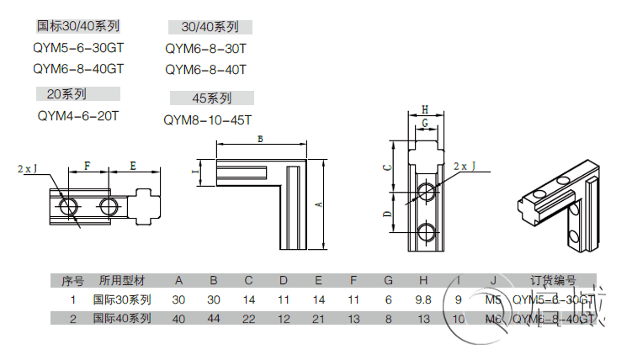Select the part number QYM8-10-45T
(x=207, y=120)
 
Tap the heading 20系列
(x=65, y=93)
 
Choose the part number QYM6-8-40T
(x=205, y=70)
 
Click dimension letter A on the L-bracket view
(x=320, y=204)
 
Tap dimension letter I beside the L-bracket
(x=195, y=174)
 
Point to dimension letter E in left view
(x=133, y=167)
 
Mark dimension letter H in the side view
(x=425, y=110)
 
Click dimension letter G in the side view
(x=425, y=124)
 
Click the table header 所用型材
(x=122, y=281)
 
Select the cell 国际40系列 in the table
(x=122, y=319)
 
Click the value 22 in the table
(x=249, y=319)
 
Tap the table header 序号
(x=73, y=281)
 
